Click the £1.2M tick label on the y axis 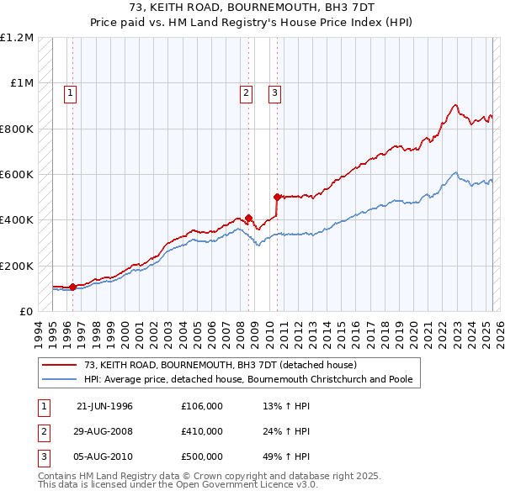[17, 38]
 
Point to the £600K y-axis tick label [17, 175]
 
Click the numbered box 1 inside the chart [70, 93]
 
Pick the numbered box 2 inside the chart [246, 93]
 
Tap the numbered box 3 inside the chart [274, 93]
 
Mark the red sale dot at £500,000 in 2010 [277, 198]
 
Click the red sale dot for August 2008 [249, 218]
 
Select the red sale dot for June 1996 [73, 287]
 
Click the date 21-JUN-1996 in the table [104, 406]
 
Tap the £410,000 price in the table [201, 431]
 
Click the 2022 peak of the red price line [455, 105]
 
